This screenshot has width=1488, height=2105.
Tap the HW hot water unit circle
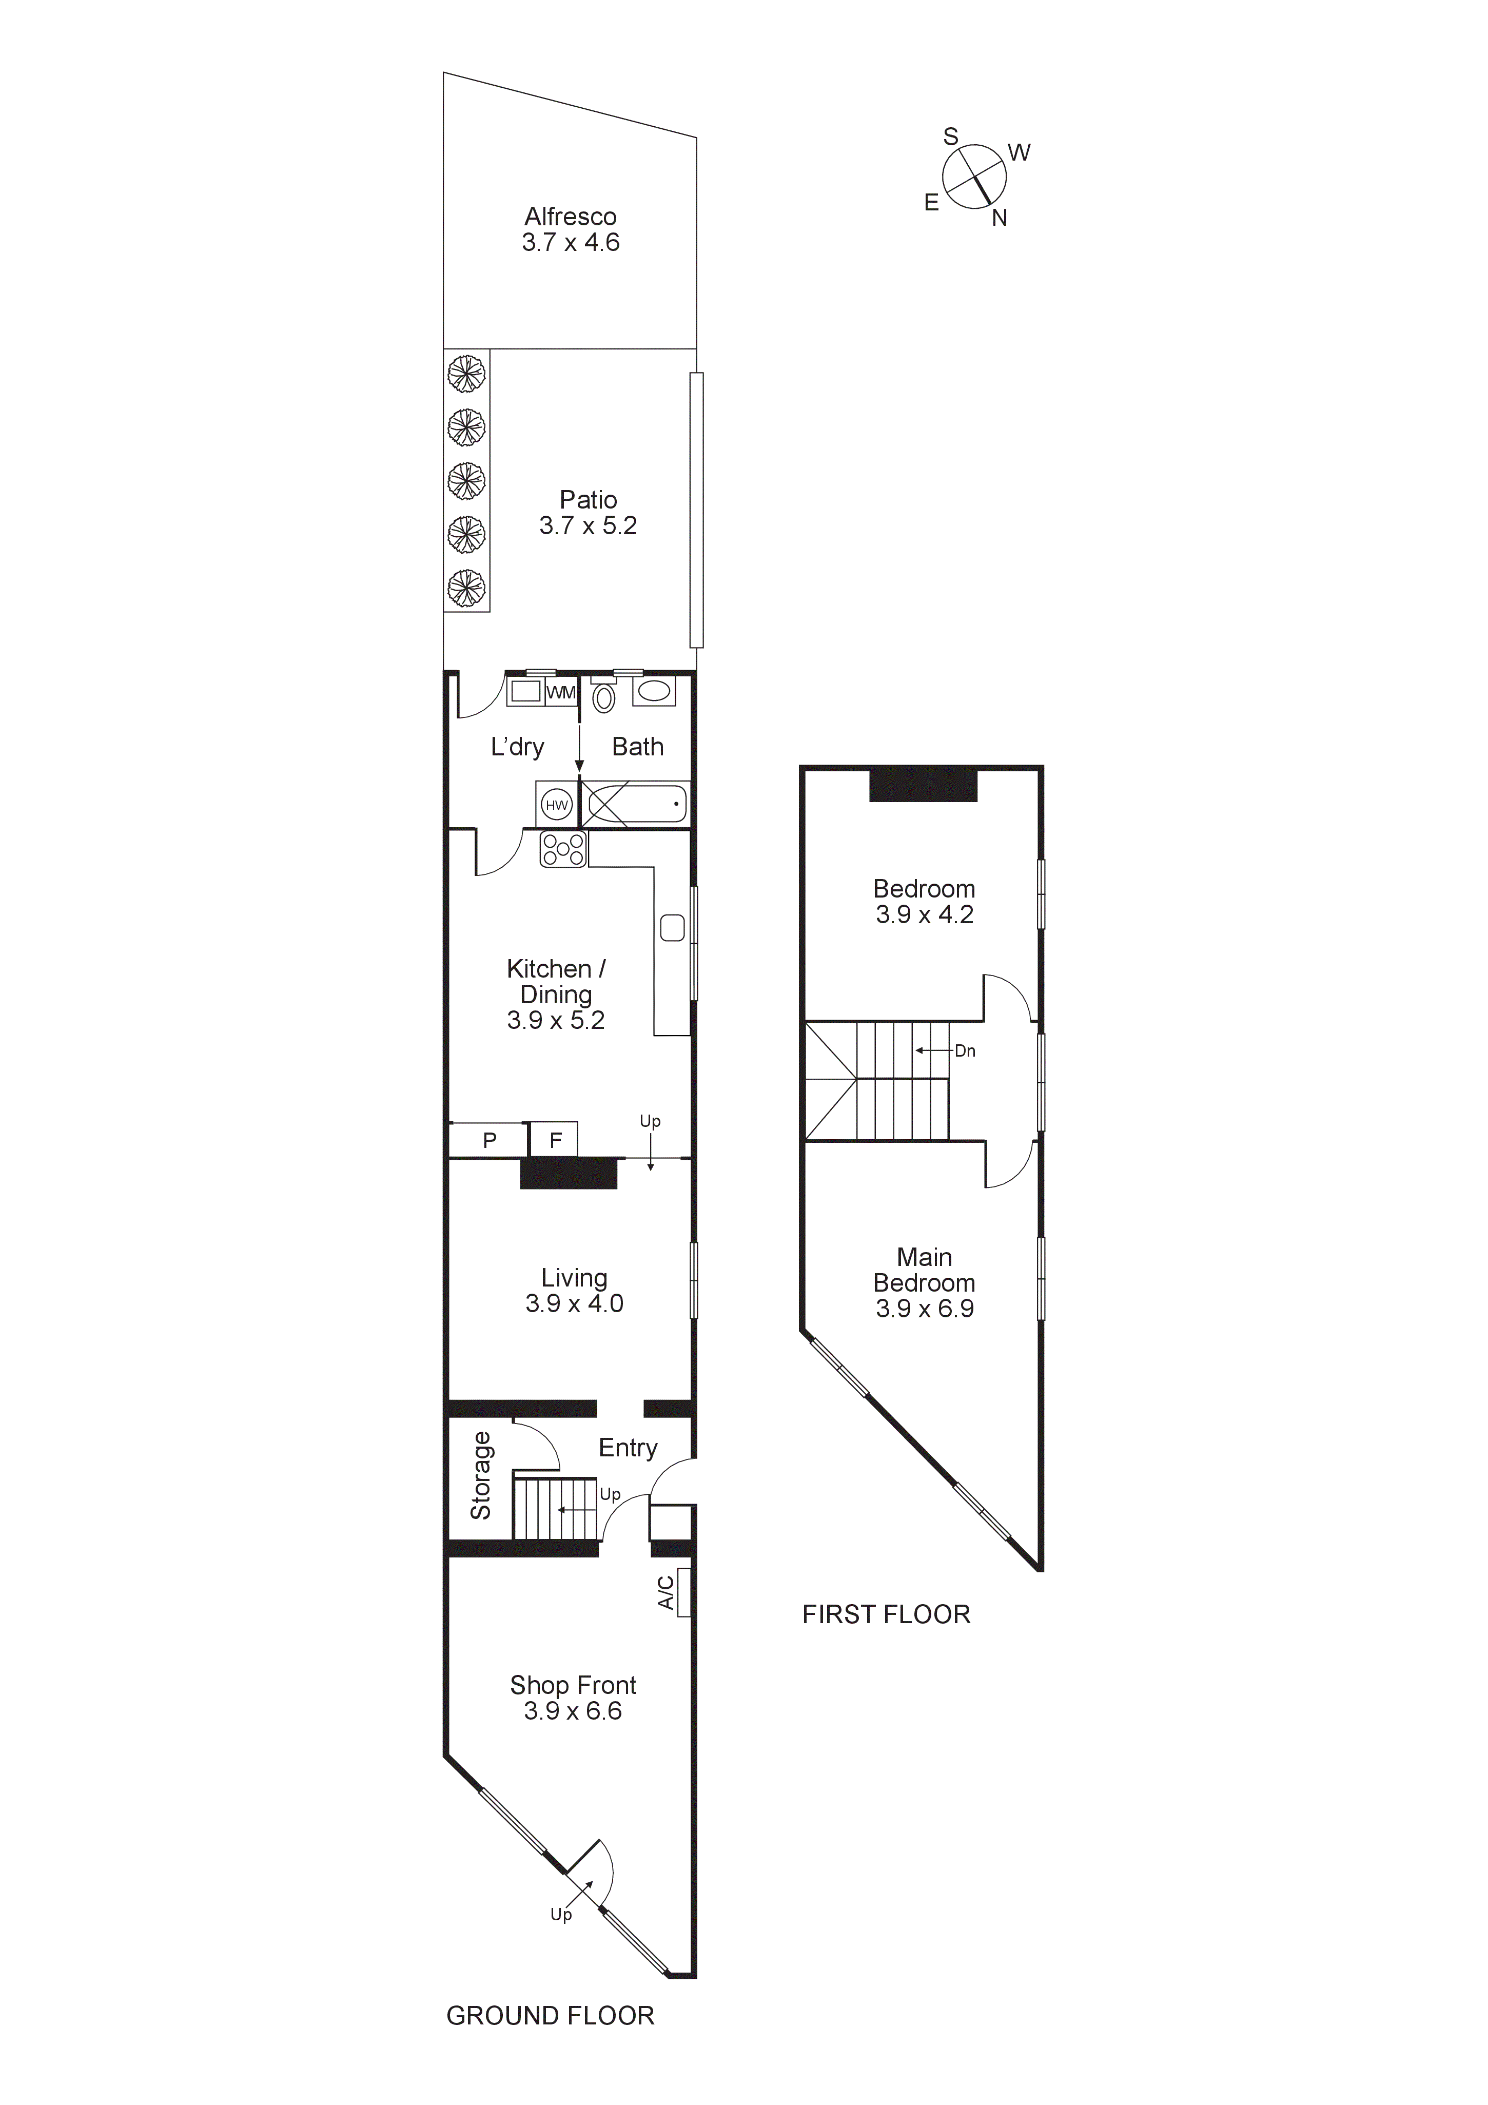[x=557, y=805]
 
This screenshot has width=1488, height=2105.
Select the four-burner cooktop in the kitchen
[x=563, y=849]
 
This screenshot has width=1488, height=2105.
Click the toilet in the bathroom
[x=603, y=698]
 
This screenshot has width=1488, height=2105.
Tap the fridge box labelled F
[x=555, y=1141]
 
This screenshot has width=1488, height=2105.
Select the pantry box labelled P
[x=490, y=1141]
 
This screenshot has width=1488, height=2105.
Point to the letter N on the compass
[x=1000, y=218]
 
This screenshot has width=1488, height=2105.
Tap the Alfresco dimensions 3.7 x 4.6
[x=570, y=243]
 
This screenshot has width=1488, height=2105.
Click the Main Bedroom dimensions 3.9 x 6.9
[x=924, y=1309]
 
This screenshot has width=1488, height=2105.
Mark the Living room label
[x=574, y=1278]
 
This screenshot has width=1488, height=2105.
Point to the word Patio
[x=588, y=500]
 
